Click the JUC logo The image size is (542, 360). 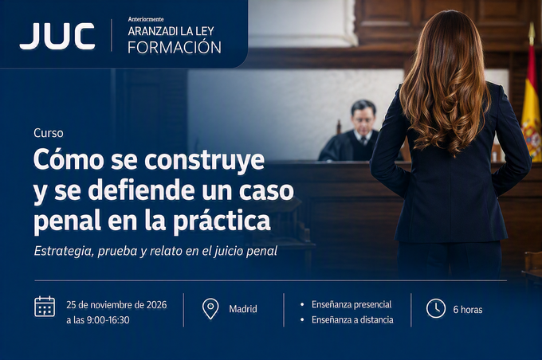(57, 36)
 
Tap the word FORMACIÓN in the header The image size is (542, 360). (175, 47)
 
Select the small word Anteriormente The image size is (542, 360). (146, 19)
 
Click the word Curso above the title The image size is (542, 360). (49, 133)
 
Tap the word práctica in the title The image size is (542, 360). (222, 221)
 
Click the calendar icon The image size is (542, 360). (45, 307)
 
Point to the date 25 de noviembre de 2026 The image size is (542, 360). (116, 305)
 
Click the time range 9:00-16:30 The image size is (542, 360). (108, 320)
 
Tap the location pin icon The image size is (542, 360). (210, 308)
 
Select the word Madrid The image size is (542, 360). (243, 309)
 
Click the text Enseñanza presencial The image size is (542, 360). (352, 304)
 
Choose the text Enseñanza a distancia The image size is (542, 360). (352, 320)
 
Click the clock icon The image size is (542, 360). (436, 308)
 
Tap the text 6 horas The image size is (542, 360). (468, 310)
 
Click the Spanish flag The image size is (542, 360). (532, 114)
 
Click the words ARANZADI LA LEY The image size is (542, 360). (171, 31)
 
